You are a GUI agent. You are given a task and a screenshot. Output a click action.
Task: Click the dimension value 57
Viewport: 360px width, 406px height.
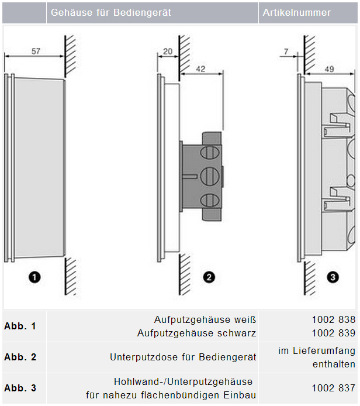[36, 51]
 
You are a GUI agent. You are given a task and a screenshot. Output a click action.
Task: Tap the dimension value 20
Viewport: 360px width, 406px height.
[168, 51]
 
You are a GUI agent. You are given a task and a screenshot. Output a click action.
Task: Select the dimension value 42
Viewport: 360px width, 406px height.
[200, 69]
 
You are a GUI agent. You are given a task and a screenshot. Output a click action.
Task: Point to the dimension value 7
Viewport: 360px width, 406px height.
[286, 51]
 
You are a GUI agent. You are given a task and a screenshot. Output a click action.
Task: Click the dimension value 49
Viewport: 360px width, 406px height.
[329, 69]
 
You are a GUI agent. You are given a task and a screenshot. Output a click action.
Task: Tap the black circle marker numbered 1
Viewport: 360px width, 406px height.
[34, 277]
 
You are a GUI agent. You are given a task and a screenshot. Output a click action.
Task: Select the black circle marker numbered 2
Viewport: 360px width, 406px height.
[209, 277]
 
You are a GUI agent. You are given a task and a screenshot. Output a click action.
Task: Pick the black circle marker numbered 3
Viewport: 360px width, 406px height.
[333, 277]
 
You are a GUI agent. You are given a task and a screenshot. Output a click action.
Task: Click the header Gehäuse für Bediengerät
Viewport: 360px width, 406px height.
[111, 12]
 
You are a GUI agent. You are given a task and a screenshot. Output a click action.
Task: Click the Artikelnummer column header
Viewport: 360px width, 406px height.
[297, 12]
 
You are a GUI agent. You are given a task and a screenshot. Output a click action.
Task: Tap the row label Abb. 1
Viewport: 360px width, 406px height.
[20, 326]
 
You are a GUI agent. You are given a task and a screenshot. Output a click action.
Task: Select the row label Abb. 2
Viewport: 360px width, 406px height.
[20, 357]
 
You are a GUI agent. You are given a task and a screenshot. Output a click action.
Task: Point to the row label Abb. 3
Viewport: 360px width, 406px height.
[20, 388]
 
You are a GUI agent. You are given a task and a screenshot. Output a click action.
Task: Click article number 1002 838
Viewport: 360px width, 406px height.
[334, 319]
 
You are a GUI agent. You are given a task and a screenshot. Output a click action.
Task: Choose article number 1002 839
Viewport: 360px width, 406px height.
[334, 333]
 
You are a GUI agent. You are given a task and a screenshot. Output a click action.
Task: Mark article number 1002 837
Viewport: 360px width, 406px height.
[334, 388]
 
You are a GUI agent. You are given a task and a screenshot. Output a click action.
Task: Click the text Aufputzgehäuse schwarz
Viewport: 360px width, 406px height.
[196, 333]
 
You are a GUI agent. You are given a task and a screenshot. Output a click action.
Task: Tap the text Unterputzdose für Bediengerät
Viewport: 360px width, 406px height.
[183, 357]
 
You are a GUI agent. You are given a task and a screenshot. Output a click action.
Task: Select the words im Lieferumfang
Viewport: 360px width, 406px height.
[317, 350]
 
